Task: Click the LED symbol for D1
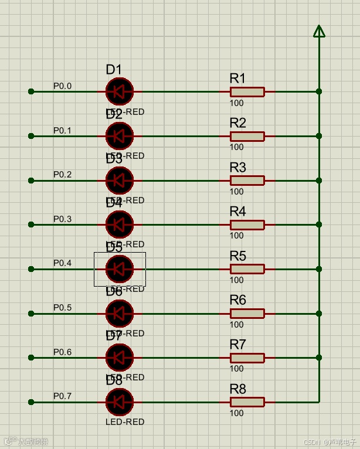(x=120, y=91)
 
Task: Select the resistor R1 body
(x=247, y=91)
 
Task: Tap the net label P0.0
(x=62, y=86)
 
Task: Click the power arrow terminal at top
(x=319, y=31)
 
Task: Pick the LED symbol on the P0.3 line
(x=120, y=224)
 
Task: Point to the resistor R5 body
(x=247, y=269)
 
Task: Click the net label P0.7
(x=62, y=396)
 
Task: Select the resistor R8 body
(x=247, y=402)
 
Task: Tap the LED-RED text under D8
(x=125, y=421)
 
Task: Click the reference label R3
(x=237, y=168)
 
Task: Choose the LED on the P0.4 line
(x=120, y=269)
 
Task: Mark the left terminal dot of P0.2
(x=32, y=181)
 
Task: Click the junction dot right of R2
(x=319, y=136)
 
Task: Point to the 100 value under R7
(x=236, y=369)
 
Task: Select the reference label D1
(x=114, y=70)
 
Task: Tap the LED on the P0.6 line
(x=120, y=358)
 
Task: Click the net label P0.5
(x=62, y=308)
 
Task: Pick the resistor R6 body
(x=247, y=314)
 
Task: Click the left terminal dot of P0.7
(x=32, y=402)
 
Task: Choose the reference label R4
(x=237, y=212)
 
